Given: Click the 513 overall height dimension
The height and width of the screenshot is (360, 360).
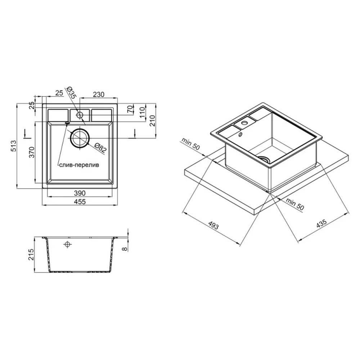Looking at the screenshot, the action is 13,146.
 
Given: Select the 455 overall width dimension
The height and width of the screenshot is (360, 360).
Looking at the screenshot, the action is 80,202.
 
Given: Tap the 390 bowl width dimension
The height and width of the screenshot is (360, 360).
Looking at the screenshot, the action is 80,193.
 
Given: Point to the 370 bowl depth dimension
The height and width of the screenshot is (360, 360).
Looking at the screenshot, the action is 31,152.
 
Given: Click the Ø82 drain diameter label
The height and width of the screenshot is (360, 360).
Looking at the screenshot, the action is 100,148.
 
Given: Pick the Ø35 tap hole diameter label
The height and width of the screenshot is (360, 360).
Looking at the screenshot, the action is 71,93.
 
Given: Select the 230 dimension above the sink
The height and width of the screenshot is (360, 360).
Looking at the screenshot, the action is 98,94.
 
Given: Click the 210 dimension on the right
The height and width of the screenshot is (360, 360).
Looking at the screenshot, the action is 152,121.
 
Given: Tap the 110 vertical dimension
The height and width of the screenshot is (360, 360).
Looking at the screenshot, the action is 142,112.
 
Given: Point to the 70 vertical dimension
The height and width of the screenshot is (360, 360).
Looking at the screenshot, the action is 130,109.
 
